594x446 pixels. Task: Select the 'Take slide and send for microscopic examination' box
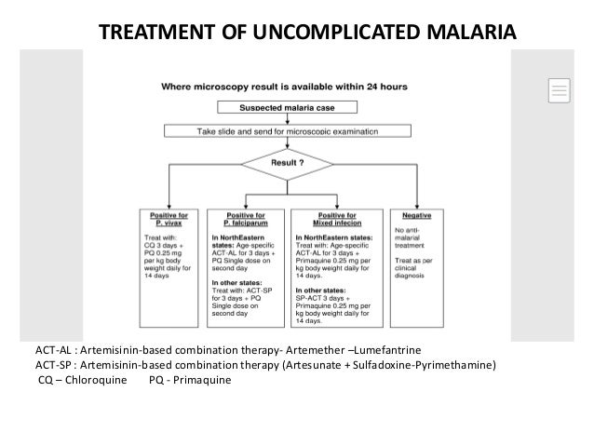click(x=287, y=132)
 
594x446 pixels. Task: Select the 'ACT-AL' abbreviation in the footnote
click(x=55, y=350)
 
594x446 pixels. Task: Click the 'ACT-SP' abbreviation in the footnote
click(x=54, y=365)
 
